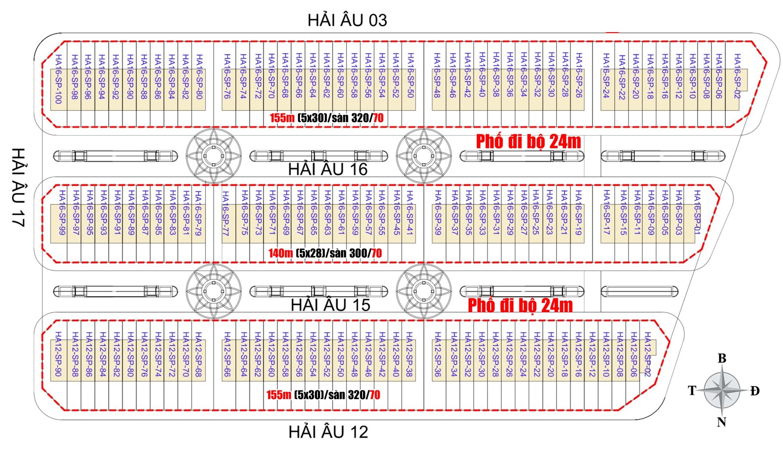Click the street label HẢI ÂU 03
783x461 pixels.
click(x=347, y=20)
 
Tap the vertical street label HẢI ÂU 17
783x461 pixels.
click(x=18, y=187)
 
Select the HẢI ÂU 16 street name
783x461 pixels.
click(x=328, y=169)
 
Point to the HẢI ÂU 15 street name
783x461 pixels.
click(x=330, y=305)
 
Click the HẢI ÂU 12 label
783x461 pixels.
click(x=328, y=432)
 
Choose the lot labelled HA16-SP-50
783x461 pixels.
click(x=410, y=75)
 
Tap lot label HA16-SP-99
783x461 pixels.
click(x=62, y=212)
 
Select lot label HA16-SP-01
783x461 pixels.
click(x=697, y=212)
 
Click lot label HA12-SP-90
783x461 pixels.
click(x=58, y=354)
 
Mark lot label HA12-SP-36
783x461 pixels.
click(x=437, y=354)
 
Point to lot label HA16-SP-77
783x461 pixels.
click(x=226, y=213)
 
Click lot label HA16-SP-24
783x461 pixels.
click(x=606, y=75)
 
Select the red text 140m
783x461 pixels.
click(x=280, y=253)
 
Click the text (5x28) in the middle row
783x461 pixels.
click(x=310, y=253)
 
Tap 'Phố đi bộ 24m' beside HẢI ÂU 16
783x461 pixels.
click(x=528, y=142)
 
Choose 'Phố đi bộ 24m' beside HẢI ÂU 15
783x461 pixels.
click(x=520, y=306)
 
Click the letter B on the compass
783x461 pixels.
click(x=722, y=358)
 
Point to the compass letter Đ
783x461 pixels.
click(x=754, y=391)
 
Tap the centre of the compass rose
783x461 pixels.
click(x=722, y=390)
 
